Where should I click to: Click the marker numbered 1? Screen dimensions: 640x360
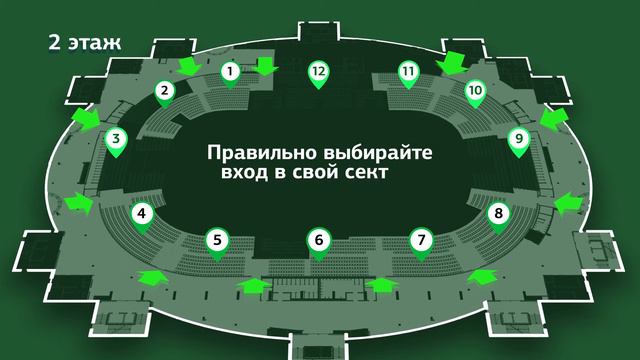tap(231, 72)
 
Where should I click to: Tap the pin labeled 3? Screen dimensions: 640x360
tap(116, 141)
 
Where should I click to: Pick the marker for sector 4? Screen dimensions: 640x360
tap(143, 214)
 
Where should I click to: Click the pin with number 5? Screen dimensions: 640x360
tap(217, 240)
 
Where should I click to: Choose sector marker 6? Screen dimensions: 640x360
tap(318, 240)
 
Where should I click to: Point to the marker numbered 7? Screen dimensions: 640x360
tap(421, 240)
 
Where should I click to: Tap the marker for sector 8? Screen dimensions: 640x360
tap(498, 214)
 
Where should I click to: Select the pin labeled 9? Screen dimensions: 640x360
tap(518, 140)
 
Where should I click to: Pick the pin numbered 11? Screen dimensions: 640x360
tap(407, 72)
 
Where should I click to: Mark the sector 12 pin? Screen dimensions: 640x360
tap(318, 72)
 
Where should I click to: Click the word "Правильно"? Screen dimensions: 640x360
tap(251, 154)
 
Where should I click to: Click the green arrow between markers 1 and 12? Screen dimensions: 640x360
tap(265, 67)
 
